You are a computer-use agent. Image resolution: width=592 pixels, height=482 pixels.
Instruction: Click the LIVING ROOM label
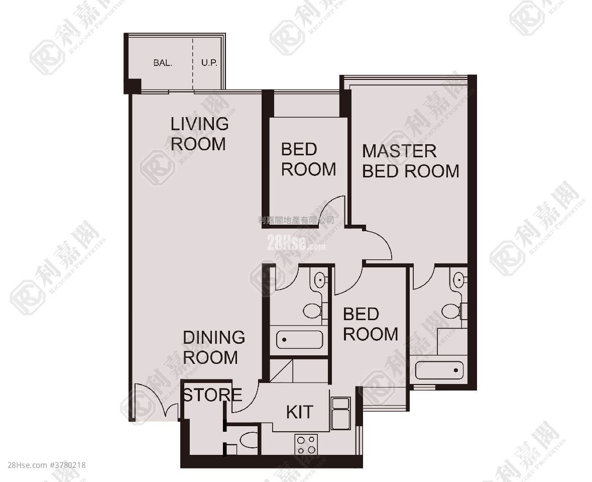pos(199,134)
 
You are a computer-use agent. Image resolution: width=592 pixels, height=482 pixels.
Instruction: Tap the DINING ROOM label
pos(213,347)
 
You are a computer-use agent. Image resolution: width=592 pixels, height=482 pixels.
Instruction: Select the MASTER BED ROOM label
pos(410,161)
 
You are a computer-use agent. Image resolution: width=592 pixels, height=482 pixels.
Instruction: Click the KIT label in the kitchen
pos(299,412)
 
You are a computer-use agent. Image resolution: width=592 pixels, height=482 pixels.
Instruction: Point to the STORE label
pos(211,395)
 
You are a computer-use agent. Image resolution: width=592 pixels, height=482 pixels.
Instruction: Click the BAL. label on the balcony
pos(163,63)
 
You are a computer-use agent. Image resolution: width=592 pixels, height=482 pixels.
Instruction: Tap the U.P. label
pos(208,63)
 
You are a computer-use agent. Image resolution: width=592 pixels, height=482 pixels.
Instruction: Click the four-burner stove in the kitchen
pos(306,444)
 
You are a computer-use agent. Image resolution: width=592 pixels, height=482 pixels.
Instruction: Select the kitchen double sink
pos(340,413)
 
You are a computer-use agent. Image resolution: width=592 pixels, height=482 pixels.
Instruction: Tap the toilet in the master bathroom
pos(451,311)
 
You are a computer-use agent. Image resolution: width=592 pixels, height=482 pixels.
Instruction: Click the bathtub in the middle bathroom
pos(300,340)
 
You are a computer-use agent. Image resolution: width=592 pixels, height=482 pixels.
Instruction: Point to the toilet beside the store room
pos(249,440)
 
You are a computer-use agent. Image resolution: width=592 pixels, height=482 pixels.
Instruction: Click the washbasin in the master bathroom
pos(458,279)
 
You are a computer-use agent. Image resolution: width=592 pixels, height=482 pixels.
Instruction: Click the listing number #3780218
pos(68,465)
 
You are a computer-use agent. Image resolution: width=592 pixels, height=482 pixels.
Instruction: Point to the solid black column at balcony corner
pos(133,86)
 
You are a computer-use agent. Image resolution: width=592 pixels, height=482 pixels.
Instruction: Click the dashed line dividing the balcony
pos(193,63)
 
